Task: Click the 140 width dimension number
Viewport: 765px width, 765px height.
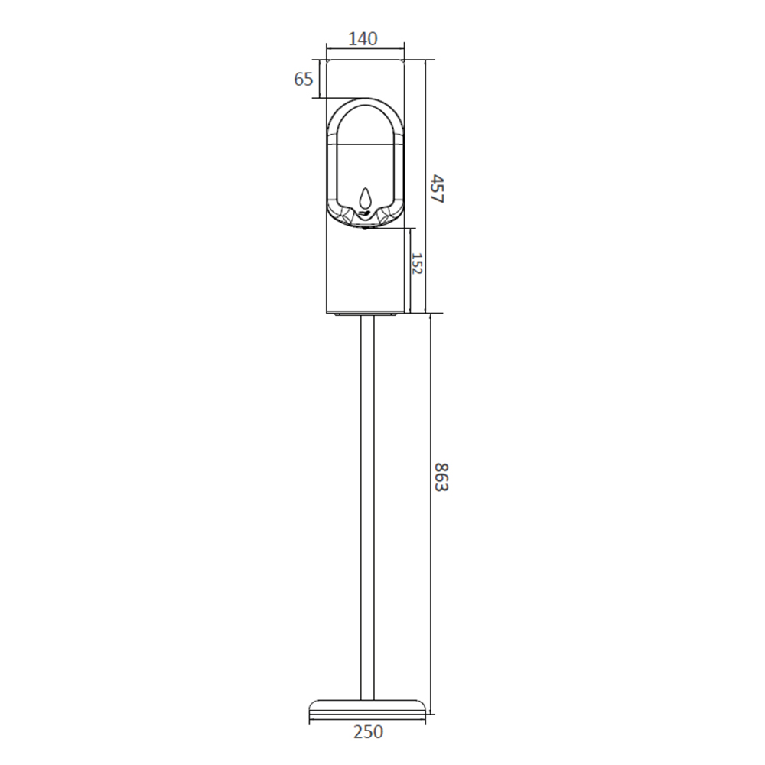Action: (363, 38)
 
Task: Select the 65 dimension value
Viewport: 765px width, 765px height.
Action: (303, 79)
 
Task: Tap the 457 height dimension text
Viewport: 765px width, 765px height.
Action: (438, 189)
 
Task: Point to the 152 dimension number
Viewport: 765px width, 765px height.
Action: (416, 263)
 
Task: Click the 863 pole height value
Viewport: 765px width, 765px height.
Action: (440, 477)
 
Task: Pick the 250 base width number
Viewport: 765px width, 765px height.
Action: (368, 731)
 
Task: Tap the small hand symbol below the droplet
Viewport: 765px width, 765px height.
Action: (364, 213)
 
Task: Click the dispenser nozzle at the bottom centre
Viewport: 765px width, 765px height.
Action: (365, 228)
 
